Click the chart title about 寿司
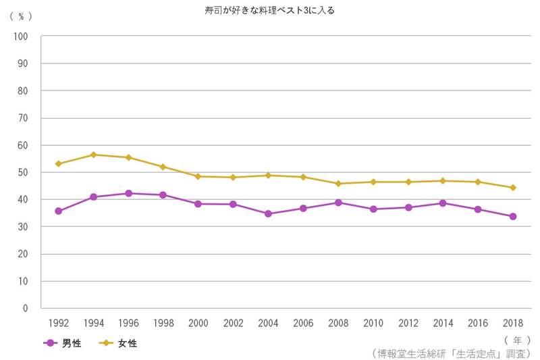270,10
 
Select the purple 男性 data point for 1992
58,211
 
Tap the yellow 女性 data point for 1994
93,155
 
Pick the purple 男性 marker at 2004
268,213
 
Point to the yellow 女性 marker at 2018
513,188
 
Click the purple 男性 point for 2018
513,216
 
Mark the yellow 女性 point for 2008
338,184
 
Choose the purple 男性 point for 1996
128,193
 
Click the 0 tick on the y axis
26,308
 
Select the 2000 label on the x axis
198,323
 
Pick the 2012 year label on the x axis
408,323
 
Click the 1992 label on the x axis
58,323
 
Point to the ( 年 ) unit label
516,339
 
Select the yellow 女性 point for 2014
443,181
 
